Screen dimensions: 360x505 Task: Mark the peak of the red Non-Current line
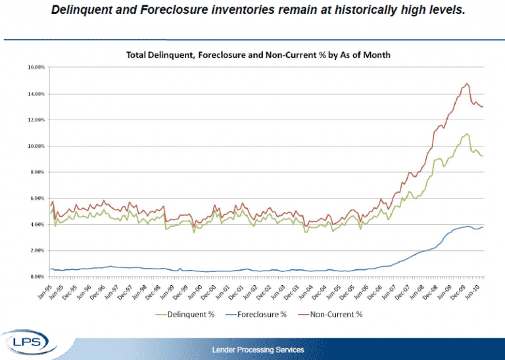[467, 83]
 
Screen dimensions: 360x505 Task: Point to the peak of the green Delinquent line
[467, 134]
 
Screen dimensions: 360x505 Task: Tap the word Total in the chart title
[137, 55]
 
